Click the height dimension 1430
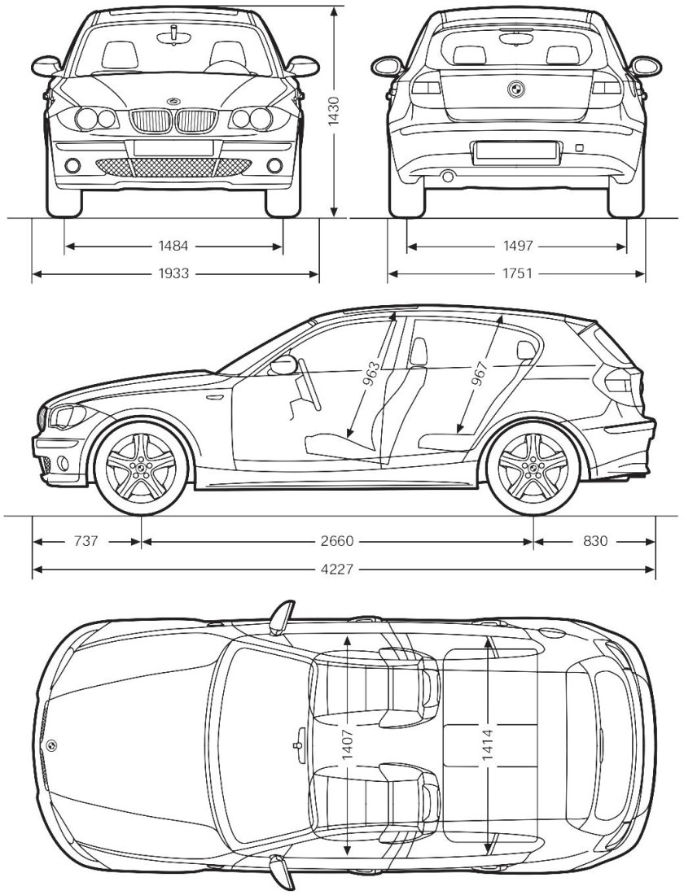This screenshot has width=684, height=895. (x=333, y=112)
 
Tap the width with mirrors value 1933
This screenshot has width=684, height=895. (x=174, y=274)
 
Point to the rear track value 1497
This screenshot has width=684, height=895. (x=517, y=246)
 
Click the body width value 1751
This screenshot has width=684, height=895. (x=517, y=274)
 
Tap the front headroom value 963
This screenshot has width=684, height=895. (x=371, y=375)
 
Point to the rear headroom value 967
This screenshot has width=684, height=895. (x=479, y=375)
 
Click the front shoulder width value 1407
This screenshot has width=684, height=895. (x=348, y=744)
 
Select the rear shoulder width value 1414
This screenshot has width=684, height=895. (x=487, y=744)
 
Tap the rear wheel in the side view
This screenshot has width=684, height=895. (x=533, y=468)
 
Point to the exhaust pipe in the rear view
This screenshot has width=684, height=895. (x=446, y=176)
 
